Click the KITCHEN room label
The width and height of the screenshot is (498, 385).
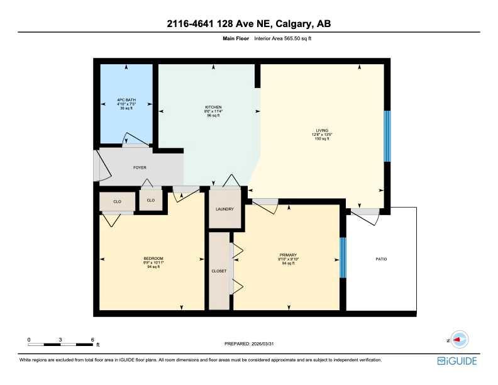(x=213, y=107)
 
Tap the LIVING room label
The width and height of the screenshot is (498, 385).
(x=322, y=130)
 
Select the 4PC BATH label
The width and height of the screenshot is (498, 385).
(x=126, y=99)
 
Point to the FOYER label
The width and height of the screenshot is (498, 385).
(x=140, y=168)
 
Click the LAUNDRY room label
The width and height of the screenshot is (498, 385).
(x=224, y=209)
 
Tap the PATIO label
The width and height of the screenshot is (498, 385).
(x=381, y=259)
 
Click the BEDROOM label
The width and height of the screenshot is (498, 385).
(x=153, y=259)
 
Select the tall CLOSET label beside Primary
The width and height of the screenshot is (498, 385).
(x=219, y=271)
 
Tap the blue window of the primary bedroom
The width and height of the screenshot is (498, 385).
(x=343, y=258)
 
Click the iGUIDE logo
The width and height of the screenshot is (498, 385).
(x=457, y=361)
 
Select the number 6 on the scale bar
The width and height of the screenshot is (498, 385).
(x=92, y=339)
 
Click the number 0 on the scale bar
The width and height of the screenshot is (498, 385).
(x=29, y=339)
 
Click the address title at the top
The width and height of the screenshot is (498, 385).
(x=249, y=24)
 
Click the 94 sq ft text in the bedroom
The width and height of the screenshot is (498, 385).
(x=153, y=267)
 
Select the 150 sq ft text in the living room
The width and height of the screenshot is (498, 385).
(x=322, y=138)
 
